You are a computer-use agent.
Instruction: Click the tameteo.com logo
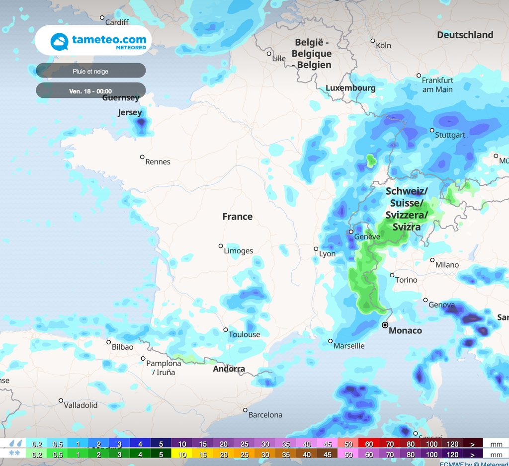pos(93,41)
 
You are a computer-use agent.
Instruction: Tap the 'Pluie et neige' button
pos(90,71)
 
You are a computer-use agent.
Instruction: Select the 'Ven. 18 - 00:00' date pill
pos(90,91)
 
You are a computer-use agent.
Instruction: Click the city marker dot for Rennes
pos(142,157)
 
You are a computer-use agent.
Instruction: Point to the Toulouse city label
pos(244,334)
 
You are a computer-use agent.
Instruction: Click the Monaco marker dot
pos(385,325)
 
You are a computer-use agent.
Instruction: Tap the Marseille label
pos(349,346)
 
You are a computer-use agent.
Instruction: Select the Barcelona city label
pos(265,415)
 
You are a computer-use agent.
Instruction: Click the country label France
pos(237,217)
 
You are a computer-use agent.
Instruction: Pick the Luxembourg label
pos(350,88)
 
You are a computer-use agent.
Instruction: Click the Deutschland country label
pos(465,35)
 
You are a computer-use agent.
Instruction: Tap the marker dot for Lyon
pos(316,249)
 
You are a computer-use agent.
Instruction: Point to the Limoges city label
pos(238,251)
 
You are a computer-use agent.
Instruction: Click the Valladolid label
pos(81,405)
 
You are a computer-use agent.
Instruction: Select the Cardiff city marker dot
pos(102,18)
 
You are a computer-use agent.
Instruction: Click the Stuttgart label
pos(450,135)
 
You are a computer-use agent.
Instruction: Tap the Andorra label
pos(229,369)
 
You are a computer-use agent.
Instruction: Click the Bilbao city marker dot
pos(109,342)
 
